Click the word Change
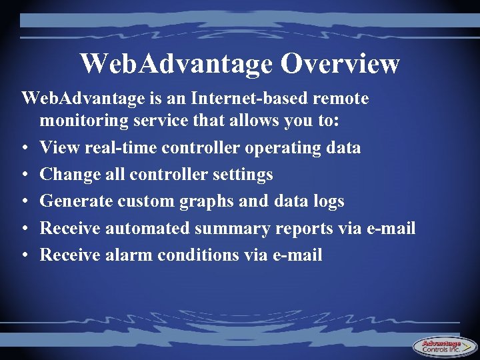(x=71, y=175)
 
